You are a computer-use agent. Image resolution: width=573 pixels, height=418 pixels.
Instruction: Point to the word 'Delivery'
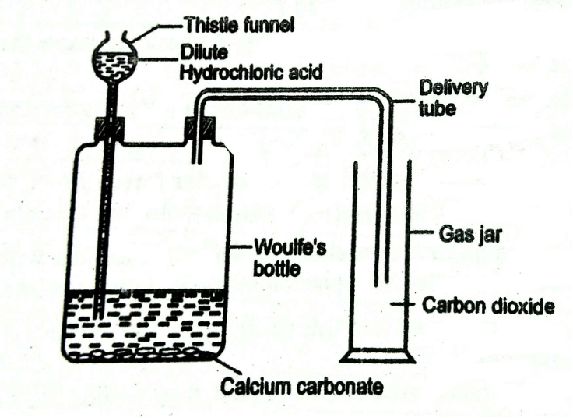(x=454, y=87)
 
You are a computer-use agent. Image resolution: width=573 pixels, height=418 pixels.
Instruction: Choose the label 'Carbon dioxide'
(x=488, y=305)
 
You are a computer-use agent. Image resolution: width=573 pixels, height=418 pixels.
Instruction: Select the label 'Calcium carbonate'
(x=293, y=385)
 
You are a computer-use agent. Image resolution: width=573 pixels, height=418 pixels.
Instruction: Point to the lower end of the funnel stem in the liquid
(x=99, y=312)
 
